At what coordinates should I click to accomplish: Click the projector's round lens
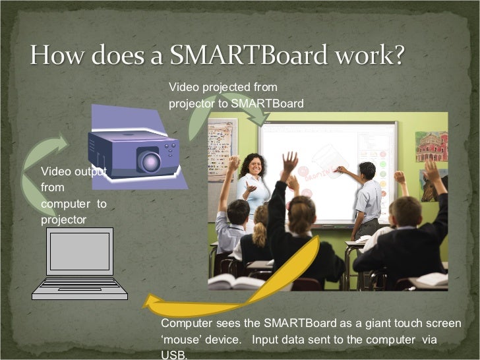click(x=148, y=161)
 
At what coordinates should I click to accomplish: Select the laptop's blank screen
click(x=79, y=251)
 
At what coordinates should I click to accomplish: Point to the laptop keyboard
click(x=79, y=284)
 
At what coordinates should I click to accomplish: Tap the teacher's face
click(x=253, y=165)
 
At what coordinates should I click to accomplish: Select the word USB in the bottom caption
click(x=170, y=355)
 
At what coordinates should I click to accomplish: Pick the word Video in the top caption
click(x=183, y=87)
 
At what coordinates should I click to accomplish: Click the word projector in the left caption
click(x=63, y=220)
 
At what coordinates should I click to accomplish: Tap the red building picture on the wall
click(x=431, y=146)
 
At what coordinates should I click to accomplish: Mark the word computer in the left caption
click(x=65, y=204)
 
